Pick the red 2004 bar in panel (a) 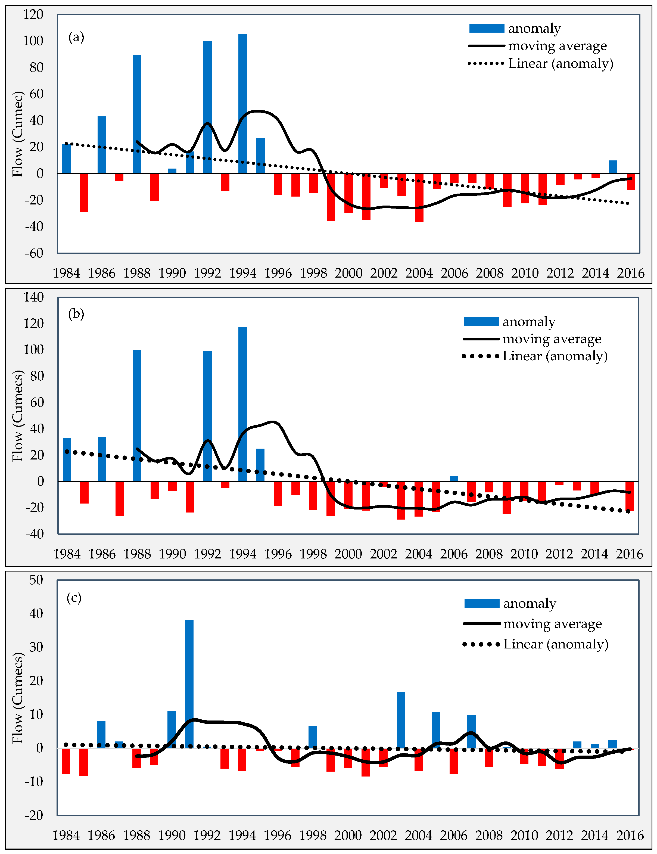point(419,197)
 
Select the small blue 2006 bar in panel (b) point(454,479)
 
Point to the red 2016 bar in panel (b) point(629,496)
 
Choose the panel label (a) point(76,37)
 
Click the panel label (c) point(74,598)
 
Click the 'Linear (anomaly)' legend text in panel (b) point(555,356)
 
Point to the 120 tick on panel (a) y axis point(33,14)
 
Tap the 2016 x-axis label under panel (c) point(630,835)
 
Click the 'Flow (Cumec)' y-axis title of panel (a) point(18,134)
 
